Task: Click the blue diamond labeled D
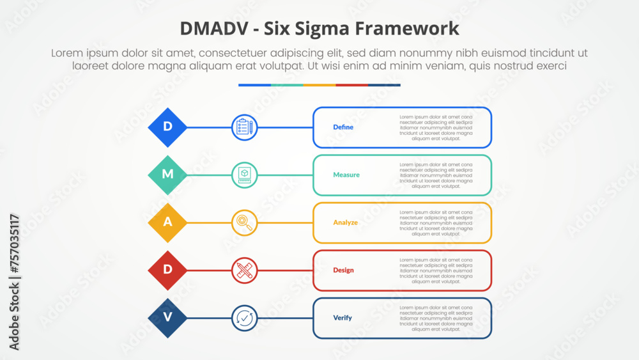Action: click(x=167, y=127)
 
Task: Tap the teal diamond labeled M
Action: click(x=167, y=175)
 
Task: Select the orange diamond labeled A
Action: click(x=167, y=223)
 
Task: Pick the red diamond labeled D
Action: click(x=167, y=270)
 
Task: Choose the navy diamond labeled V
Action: click(x=167, y=318)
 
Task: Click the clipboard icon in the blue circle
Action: click(x=244, y=127)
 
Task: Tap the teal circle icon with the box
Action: click(x=244, y=175)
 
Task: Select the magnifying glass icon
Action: click(x=244, y=223)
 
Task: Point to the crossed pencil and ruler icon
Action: click(x=244, y=270)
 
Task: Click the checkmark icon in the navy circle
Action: click(x=244, y=318)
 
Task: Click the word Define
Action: click(x=343, y=127)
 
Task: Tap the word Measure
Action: click(x=346, y=175)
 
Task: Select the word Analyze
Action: click(x=345, y=223)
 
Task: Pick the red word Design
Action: click(x=343, y=270)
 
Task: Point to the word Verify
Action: click(x=343, y=318)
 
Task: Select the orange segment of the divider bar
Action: click(x=319, y=84)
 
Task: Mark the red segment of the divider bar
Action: click(x=351, y=84)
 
